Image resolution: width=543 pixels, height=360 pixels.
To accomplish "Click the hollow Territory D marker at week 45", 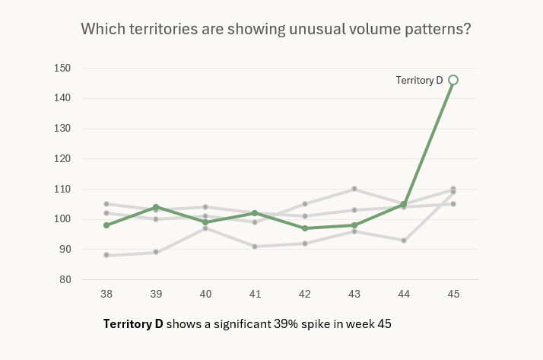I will (453, 80).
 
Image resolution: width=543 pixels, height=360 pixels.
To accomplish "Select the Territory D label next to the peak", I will (419, 80).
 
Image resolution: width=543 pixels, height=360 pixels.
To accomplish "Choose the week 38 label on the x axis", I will (106, 294).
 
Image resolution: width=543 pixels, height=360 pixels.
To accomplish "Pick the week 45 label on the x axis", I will (453, 294).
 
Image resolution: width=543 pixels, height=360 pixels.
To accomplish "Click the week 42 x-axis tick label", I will (305, 294).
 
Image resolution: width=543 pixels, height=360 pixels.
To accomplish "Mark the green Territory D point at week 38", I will (106, 225).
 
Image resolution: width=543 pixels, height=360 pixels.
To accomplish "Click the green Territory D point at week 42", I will (305, 228).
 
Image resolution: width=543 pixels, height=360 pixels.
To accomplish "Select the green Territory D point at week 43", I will (354, 225).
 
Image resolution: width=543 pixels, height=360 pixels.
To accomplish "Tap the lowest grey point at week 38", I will (106, 255).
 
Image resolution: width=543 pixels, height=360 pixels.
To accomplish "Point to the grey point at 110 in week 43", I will (354, 189).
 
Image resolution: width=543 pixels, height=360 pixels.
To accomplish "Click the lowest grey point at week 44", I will (404, 241).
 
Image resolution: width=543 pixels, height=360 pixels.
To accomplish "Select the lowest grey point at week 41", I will (256, 247).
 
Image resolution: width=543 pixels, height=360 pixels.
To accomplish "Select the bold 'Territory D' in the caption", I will (133, 323).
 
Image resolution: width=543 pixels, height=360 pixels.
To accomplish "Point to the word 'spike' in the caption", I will (319, 323).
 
